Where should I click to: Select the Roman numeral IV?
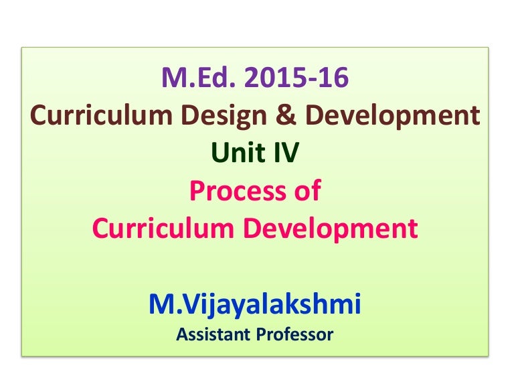coord(286,154)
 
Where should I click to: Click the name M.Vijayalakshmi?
coord(255,305)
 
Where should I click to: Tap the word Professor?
coord(297,334)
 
